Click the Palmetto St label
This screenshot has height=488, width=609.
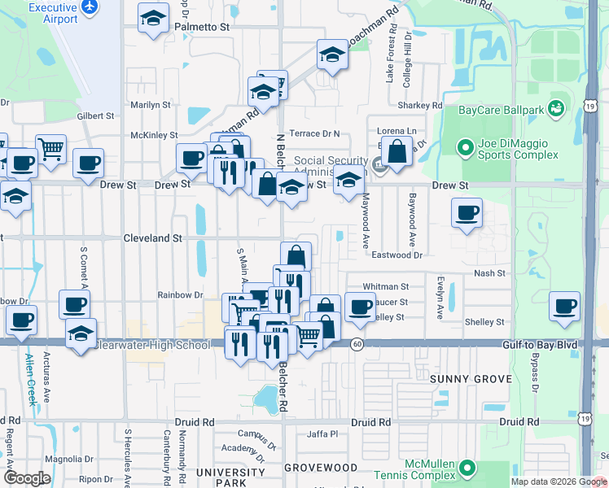(x=204, y=27)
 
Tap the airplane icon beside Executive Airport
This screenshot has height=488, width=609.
(x=90, y=7)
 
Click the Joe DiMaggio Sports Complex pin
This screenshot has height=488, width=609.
(x=465, y=148)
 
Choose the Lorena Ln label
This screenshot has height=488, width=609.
(x=397, y=131)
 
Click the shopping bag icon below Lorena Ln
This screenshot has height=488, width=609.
(x=397, y=153)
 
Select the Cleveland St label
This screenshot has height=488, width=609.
(x=152, y=238)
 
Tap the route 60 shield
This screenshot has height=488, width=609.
(x=357, y=345)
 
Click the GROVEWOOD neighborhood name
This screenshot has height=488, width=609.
(x=321, y=468)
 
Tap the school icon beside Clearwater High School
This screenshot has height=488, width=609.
(x=80, y=334)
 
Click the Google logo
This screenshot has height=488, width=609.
(x=27, y=478)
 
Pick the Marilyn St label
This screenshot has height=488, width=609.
(x=151, y=105)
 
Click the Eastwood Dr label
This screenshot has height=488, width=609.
(x=397, y=255)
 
